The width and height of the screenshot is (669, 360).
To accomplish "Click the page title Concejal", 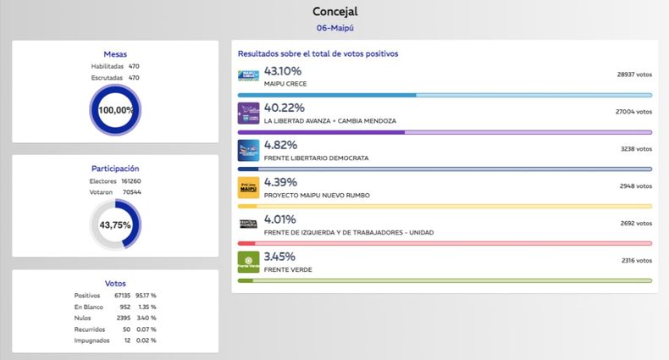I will click(x=334, y=12).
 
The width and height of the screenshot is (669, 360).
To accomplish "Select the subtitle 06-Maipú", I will click(x=334, y=28).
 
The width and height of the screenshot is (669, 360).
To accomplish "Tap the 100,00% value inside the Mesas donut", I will click(x=115, y=110).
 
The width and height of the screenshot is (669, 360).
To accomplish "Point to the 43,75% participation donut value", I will click(x=115, y=225).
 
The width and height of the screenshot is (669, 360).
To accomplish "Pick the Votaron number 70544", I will click(x=131, y=192).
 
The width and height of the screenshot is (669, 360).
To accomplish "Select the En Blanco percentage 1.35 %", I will click(x=147, y=306).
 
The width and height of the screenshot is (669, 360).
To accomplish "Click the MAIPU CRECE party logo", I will click(x=249, y=76).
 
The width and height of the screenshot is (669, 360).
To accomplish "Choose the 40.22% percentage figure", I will click(x=285, y=108).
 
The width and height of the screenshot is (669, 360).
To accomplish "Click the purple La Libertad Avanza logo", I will click(x=249, y=113).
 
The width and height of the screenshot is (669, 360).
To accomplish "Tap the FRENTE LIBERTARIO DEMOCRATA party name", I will click(x=316, y=158).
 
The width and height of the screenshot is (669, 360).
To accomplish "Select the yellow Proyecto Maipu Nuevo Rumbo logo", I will click(x=249, y=187).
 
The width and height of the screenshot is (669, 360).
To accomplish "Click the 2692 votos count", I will click(x=635, y=224).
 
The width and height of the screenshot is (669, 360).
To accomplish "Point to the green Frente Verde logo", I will click(x=249, y=262).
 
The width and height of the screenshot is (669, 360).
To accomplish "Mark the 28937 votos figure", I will click(x=634, y=75).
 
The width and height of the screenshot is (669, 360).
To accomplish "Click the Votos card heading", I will click(x=115, y=282).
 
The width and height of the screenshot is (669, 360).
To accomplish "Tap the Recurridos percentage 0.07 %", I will click(x=147, y=329).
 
